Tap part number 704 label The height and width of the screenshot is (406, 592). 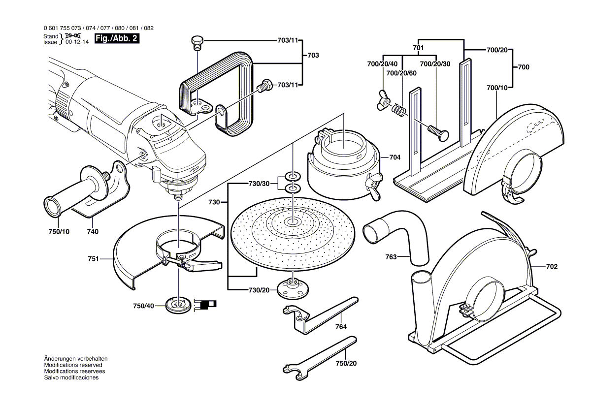coord(395,157)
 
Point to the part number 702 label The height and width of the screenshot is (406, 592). coord(552,266)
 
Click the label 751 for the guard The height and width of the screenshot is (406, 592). coord(94,258)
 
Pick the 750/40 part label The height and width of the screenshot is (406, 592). coord(143,306)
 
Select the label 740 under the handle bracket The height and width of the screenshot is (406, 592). coord(93,231)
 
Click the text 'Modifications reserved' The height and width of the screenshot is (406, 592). coord(73,365)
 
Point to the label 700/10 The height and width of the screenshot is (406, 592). coord(497,87)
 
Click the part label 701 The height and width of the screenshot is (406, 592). coord(418,48)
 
